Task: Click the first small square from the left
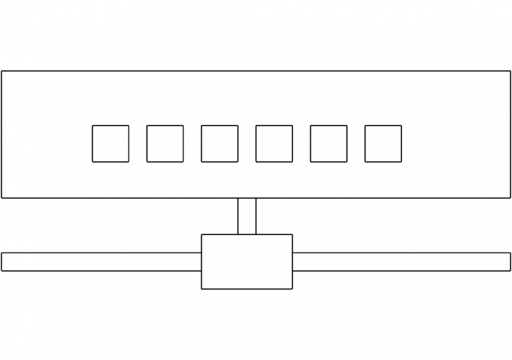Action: coord(111,143)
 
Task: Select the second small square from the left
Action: coord(165,143)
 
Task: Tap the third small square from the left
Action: coord(220,143)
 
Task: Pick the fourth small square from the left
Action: coord(274,143)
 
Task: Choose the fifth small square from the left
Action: coord(328,143)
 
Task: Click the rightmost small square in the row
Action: coord(383,143)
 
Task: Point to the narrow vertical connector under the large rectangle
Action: coord(247,216)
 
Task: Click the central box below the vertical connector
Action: coord(247,262)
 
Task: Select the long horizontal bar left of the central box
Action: coord(101,262)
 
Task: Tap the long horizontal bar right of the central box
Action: coord(401,262)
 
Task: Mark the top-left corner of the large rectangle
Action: coord(1,71)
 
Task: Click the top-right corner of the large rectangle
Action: coord(511,71)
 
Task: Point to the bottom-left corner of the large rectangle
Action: coord(1,198)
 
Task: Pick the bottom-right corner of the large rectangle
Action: coord(511,198)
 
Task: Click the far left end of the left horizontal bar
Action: coord(2,262)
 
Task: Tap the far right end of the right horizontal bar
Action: coord(510,262)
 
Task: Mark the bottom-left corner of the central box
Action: coord(201,289)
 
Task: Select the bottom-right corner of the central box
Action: coord(293,289)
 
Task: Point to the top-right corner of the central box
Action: coord(293,234)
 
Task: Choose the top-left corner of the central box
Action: coord(201,234)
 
